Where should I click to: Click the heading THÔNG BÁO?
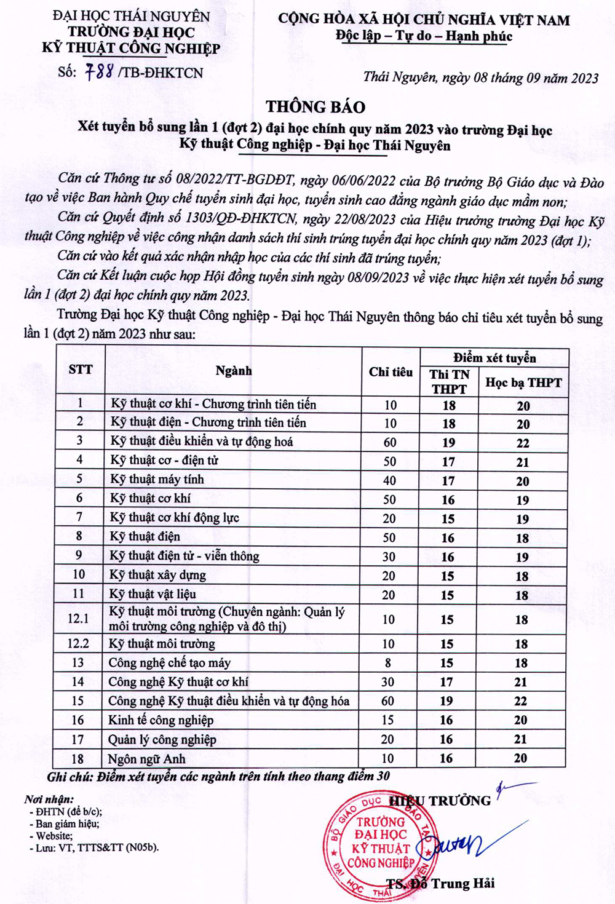tap(315, 107)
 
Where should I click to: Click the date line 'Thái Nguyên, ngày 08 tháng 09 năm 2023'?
tap(480, 77)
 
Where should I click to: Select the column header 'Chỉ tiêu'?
tap(391, 372)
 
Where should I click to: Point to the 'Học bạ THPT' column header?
tap(523, 383)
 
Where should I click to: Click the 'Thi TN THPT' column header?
tap(450, 382)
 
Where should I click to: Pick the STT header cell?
tap(81, 370)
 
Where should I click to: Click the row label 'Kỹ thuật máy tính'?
tap(157, 480)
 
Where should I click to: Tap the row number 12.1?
tap(78, 619)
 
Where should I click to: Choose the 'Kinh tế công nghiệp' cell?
tap(161, 720)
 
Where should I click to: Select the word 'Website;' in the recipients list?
tap(54, 836)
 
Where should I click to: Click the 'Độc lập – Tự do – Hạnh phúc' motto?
tap(424, 36)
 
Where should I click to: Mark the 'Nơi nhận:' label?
tap(49, 799)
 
